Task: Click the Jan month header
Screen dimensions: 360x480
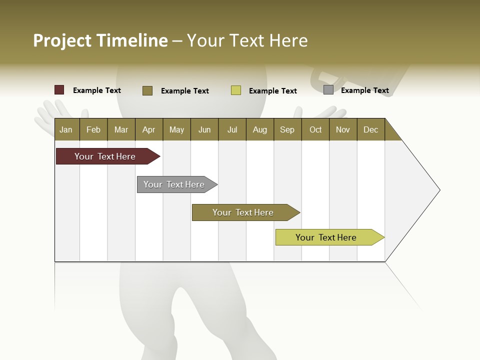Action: (66, 129)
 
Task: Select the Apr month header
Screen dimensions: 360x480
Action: (148, 129)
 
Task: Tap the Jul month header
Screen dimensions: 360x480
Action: (232, 129)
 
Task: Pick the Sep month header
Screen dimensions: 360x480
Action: (287, 129)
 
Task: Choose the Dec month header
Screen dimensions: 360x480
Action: (370, 129)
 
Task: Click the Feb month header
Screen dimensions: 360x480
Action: (93, 129)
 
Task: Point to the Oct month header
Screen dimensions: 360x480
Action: (315, 129)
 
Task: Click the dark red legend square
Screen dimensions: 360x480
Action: (59, 90)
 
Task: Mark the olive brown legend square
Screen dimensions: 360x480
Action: (147, 90)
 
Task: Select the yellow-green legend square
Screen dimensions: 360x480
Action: (236, 90)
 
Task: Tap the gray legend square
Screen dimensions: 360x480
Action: (328, 90)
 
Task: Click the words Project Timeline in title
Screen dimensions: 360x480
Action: (100, 40)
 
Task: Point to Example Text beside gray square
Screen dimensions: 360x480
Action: (364, 90)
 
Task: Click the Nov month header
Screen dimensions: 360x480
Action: (343, 129)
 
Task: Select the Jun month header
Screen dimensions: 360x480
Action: (204, 129)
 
